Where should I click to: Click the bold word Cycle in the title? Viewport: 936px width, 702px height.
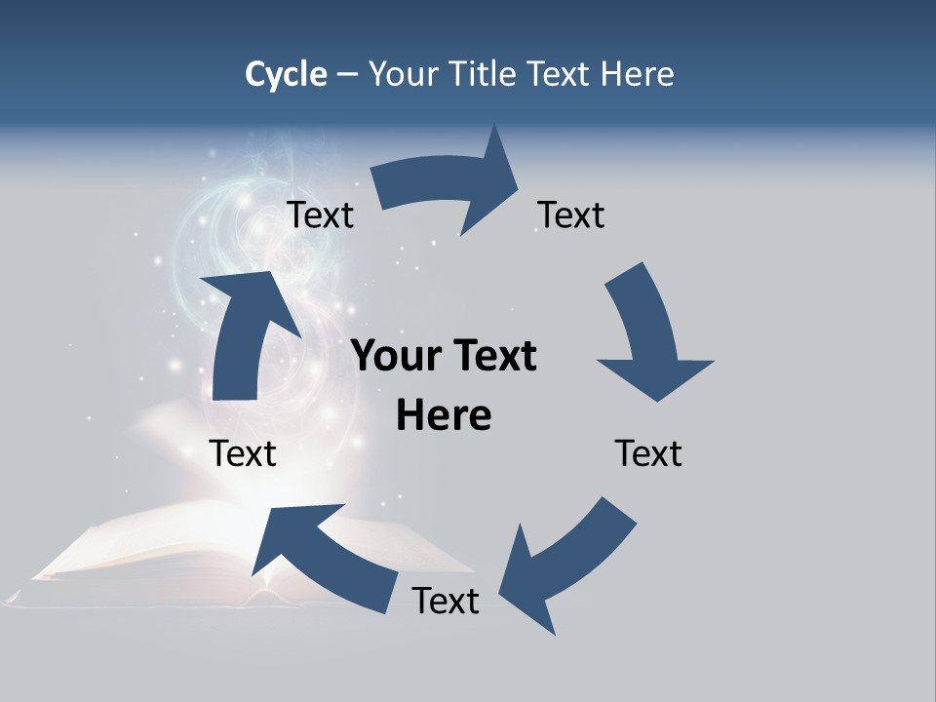[286, 74]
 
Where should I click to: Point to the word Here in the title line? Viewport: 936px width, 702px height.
[637, 74]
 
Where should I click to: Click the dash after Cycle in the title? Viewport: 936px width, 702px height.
[348, 74]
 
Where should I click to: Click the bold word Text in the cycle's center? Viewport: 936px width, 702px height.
[493, 357]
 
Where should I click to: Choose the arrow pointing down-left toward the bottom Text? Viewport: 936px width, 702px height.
[565, 565]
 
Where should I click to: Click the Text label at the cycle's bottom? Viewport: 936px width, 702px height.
[446, 601]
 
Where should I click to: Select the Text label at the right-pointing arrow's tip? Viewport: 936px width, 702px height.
[571, 214]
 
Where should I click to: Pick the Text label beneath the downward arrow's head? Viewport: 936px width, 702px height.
[648, 453]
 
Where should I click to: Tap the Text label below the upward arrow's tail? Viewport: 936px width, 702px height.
[243, 453]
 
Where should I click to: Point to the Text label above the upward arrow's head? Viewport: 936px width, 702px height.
[320, 214]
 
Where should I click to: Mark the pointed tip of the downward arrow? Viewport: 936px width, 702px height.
[659, 401]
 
